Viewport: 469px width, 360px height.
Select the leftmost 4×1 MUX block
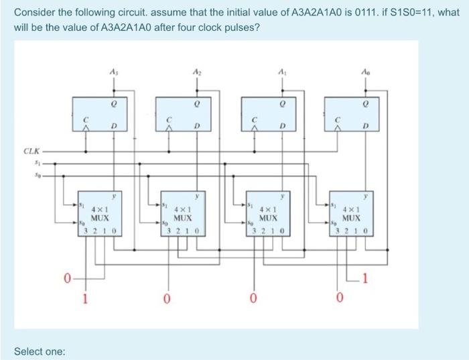(x=99, y=214)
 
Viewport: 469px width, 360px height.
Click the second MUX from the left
(x=182, y=214)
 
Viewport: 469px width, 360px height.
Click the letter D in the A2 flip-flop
(x=198, y=125)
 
